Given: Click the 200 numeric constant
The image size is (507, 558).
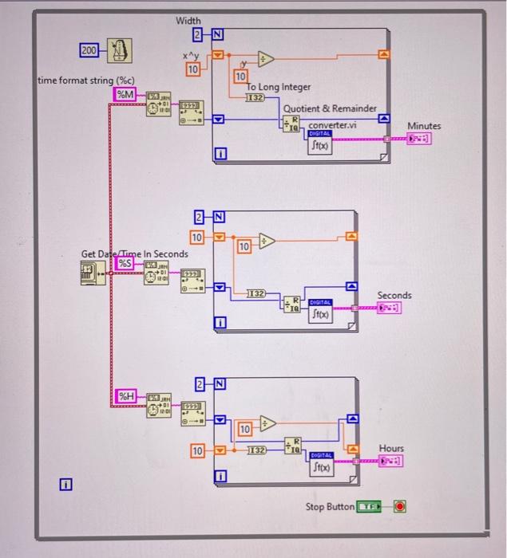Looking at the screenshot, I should [x=89, y=51].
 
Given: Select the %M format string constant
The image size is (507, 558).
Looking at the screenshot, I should [x=126, y=95].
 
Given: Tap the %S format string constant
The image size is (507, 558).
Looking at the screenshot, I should [x=126, y=264].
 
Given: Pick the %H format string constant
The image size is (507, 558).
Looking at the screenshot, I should [x=127, y=395].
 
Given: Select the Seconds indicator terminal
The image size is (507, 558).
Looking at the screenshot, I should [x=393, y=308].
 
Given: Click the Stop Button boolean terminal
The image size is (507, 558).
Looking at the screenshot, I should [x=370, y=507].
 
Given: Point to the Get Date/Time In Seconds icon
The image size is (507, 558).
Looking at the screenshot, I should [x=93, y=273].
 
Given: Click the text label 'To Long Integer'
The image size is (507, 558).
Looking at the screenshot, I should [x=279, y=87].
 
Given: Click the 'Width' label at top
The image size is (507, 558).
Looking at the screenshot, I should [x=190, y=20].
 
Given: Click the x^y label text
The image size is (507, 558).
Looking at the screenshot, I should [x=189, y=56].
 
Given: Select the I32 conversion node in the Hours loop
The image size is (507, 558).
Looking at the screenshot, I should [x=256, y=451].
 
